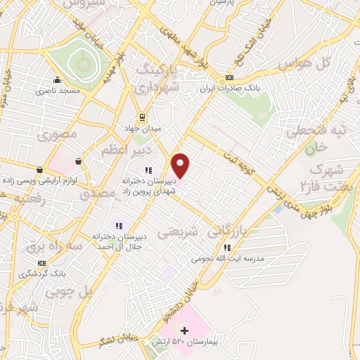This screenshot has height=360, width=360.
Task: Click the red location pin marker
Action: coord(181,165)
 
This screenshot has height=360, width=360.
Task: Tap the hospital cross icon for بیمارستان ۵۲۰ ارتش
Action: coord(185,330)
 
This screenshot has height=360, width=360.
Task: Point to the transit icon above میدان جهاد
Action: coord(143,117)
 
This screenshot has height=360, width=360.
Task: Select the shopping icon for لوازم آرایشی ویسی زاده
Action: coord(41,169)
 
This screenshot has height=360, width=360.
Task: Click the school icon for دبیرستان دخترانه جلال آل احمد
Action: coord(119,226)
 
